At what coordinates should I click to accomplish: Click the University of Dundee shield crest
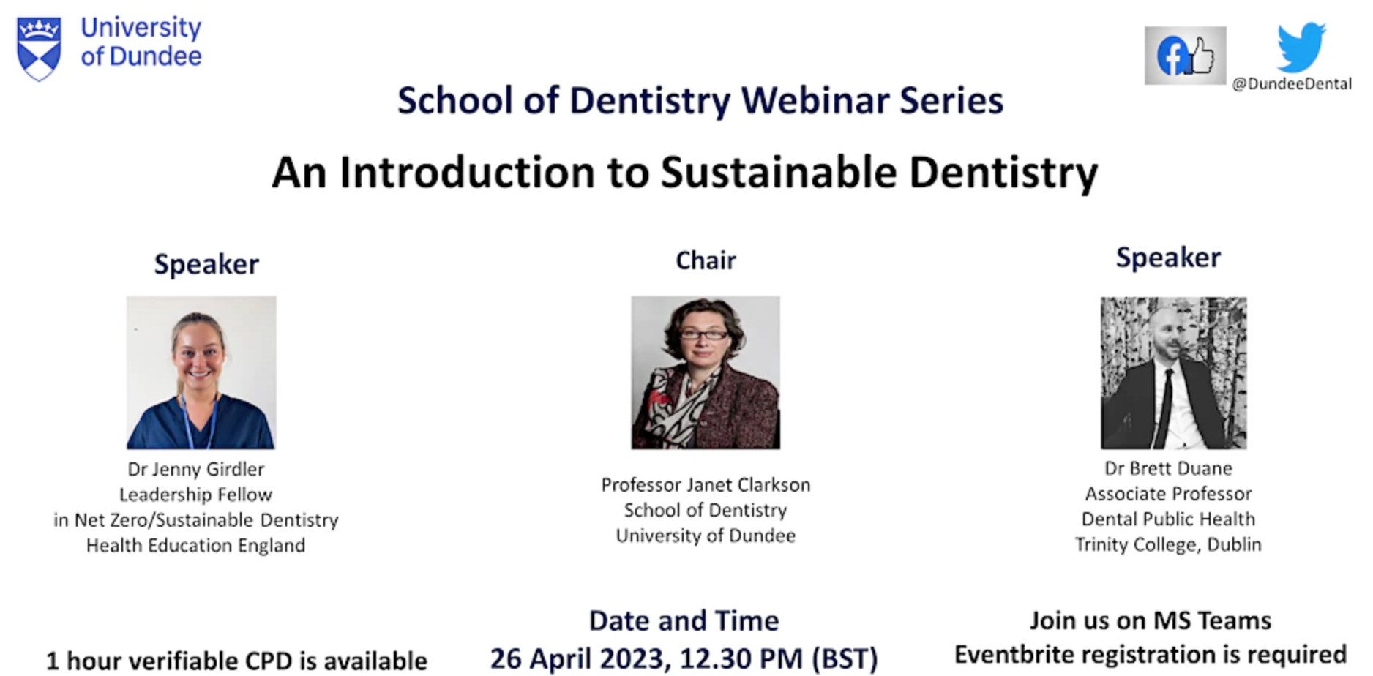(x=40, y=49)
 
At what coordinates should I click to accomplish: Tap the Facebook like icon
(x=1185, y=56)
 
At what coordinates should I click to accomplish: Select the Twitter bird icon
(x=1301, y=47)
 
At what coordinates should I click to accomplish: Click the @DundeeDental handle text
(x=1292, y=84)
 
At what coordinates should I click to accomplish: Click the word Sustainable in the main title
(x=779, y=173)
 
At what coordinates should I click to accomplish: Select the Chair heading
(x=706, y=260)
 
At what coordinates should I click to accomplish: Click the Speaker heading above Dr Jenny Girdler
(x=206, y=265)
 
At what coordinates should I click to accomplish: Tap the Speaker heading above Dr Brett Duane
(x=1168, y=258)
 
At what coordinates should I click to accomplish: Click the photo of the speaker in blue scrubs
(x=201, y=372)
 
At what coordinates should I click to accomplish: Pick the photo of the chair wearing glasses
(x=706, y=372)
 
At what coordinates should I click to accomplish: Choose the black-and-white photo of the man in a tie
(x=1174, y=372)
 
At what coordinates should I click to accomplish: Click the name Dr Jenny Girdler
(x=195, y=469)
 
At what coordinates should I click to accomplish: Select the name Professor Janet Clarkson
(x=706, y=485)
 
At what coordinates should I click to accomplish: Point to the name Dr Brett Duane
(x=1168, y=468)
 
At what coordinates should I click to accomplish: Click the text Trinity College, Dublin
(x=1168, y=545)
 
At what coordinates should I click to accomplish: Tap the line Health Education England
(x=195, y=546)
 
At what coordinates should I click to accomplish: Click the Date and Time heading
(x=684, y=621)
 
